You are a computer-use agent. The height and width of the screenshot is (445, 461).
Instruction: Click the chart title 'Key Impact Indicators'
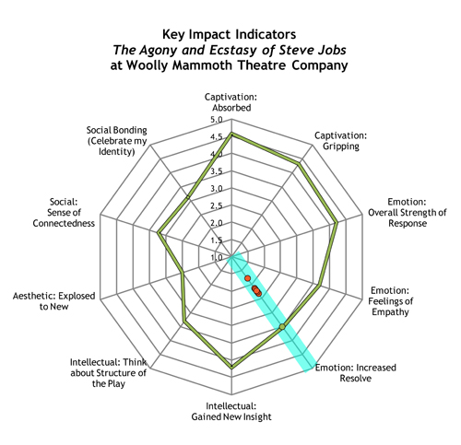[x=229, y=34]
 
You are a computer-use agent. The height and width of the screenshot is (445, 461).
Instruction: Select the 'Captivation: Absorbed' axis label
[x=231, y=102]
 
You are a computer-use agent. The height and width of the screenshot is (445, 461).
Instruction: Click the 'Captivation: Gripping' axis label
[x=340, y=141]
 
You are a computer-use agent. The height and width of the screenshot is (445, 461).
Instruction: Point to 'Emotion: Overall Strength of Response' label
[x=408, y=212]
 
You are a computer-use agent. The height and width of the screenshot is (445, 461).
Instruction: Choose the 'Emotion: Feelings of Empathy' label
[x=390, y=301]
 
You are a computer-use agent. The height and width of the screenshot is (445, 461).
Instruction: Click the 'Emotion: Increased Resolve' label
[x=356, y=372]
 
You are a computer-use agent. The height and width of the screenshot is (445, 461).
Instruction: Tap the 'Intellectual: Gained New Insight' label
[x=231, y=411]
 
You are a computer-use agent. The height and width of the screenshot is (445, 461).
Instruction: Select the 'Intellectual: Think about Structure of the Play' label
[x=109, y=373]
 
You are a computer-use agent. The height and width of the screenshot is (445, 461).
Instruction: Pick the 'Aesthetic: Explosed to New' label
[x=54, y=301]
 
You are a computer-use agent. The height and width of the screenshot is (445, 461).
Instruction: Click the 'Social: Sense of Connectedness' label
[x=64, y=212]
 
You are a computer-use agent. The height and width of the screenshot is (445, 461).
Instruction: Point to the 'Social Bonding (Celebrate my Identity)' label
[x=117, y=141]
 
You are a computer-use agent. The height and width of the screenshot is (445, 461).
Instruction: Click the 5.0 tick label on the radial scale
[x=217, y=120]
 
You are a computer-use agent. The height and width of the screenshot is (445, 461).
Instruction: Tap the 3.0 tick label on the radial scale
[x=217, y=189]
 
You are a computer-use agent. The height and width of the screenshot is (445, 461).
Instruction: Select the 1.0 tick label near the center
[x=217, y=257]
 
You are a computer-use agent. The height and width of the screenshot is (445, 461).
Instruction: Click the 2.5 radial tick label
[x=217, y=205]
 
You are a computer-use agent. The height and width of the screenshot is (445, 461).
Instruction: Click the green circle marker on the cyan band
[x=282, y=327]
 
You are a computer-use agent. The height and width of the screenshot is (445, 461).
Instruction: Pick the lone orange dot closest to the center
[x=248, y=278]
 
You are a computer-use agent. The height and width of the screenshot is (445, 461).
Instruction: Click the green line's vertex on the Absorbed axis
[x=231, y=134]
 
